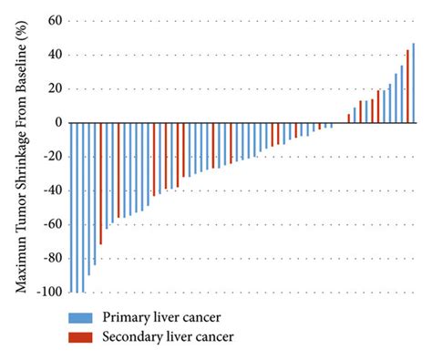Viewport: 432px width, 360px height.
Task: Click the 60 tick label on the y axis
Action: tap(52, 21)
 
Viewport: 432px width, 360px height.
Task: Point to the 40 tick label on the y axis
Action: tap(52, 55)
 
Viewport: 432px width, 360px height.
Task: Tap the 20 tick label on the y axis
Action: tap(52, 89)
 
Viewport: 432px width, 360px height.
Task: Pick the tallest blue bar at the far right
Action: tap(413, 83)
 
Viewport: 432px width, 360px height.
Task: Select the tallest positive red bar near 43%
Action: tap(407, 87)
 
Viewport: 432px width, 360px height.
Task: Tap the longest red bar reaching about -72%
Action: tap(100, 183)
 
